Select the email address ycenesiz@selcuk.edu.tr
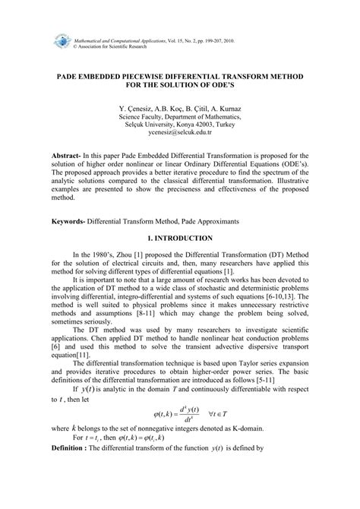point(180,131)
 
